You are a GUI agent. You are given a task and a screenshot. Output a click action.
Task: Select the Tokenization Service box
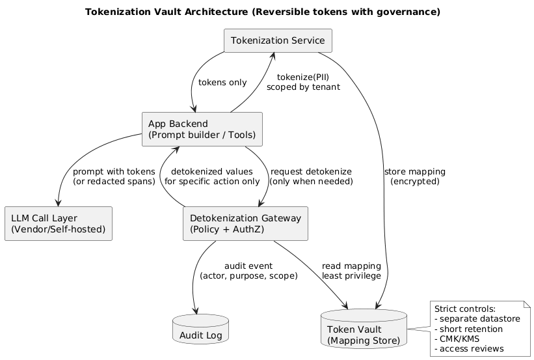pos(278,41)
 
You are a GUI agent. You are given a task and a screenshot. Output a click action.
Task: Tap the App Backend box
pos(202,130)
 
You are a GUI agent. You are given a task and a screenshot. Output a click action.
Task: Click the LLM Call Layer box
pos(58,223)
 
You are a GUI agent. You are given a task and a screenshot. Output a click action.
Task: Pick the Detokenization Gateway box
pos(245,223)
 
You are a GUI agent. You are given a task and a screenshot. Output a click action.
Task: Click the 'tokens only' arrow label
pos(222,83)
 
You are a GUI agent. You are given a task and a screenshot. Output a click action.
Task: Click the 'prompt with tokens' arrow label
pos(114,176)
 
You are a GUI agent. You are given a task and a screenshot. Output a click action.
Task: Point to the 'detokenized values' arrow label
pos(212,176)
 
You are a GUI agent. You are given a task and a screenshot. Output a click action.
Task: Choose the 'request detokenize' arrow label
pos(311,176)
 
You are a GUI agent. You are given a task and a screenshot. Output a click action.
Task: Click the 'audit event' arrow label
pos(248,271)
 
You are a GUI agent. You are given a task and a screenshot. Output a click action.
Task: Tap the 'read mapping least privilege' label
pos(351,271)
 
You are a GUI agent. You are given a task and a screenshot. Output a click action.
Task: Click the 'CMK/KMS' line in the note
pos(458,339)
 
